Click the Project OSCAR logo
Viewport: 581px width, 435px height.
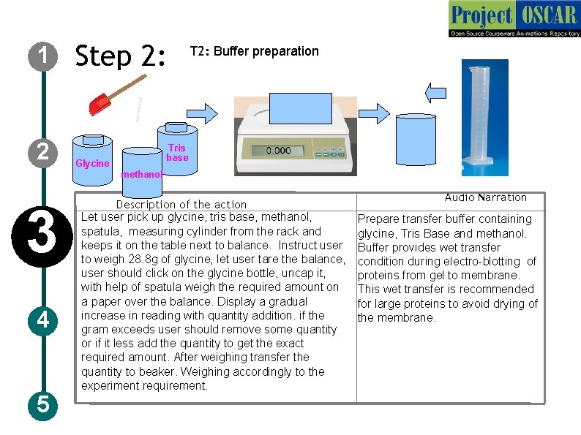(514, 19)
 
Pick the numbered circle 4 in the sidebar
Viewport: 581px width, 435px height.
(43, 320)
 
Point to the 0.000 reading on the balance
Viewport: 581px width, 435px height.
(278, 151)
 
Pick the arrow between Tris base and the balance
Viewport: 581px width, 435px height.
(203, 113)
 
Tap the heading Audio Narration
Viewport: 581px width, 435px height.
(485, 197)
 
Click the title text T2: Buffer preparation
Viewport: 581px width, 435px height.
(254, 51)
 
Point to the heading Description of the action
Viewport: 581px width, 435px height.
(181, 205)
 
